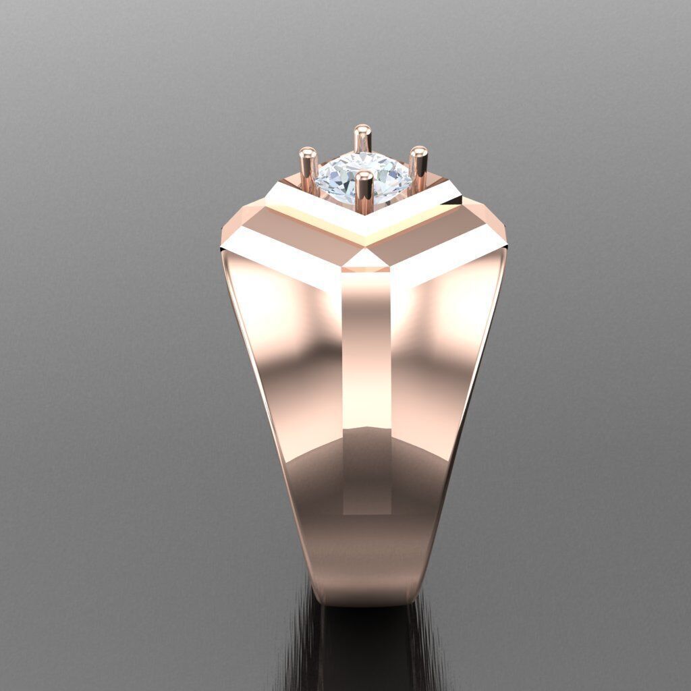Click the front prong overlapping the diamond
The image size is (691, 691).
click(x=364, y=192)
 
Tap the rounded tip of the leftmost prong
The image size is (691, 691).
click(x=308, y=152)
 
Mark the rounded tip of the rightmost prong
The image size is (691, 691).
click(x=418, y=152)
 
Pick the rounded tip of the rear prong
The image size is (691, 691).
click(x=363, y=129)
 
